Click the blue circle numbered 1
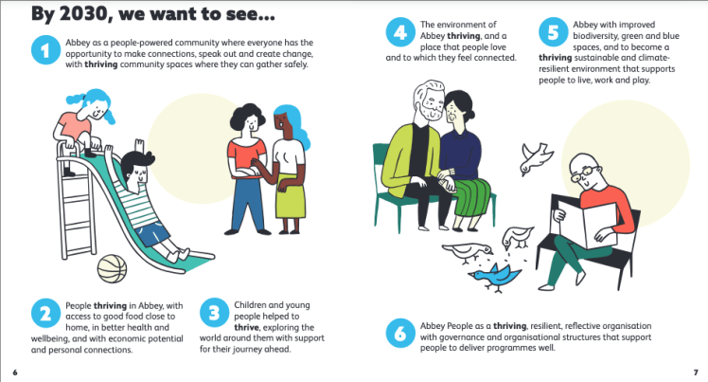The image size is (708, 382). coord(45,49)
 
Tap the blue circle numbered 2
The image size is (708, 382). coord(45,313)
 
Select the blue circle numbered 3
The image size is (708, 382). coord(214,313)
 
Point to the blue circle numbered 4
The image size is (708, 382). coord(400,32)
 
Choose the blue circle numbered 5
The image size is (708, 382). coord(553,32)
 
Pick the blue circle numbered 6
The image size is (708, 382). coord(400,333)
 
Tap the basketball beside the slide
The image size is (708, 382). coord(112,268)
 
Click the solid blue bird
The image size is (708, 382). coord(495,277)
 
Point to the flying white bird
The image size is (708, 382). coord(536,158)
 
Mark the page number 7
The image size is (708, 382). coord(696,373)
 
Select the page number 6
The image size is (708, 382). coord(15,373)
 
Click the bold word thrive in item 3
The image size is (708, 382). coord(246,327)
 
